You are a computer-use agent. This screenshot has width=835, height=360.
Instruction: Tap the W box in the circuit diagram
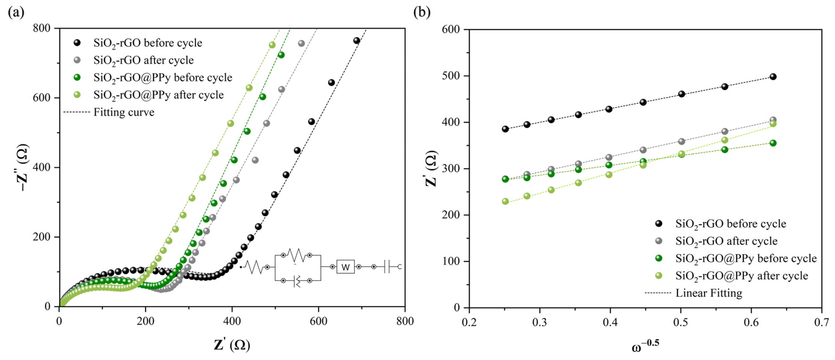click(345, 267)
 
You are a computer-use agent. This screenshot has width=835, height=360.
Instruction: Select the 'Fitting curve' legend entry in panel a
click(124, 112)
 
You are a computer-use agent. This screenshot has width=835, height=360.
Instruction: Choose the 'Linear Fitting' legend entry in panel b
click(709, 293)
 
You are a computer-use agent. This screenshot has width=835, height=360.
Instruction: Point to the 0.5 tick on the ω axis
click(681, 322)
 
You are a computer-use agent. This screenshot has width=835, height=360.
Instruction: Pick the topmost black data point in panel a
click(357, 40)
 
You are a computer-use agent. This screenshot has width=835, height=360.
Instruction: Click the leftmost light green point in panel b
click(505, 201)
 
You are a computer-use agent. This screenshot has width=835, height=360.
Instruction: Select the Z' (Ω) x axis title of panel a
click(232, 345)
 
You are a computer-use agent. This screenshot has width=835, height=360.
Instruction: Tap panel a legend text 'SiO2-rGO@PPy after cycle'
click(158, 95)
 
